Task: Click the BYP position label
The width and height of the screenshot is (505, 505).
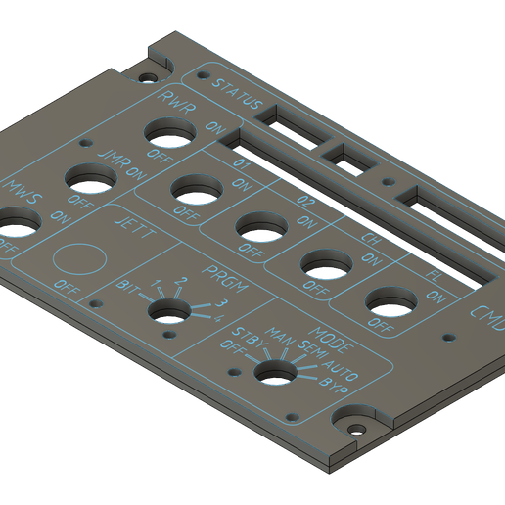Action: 335,383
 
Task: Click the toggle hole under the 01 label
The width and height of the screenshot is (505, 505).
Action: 195,187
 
